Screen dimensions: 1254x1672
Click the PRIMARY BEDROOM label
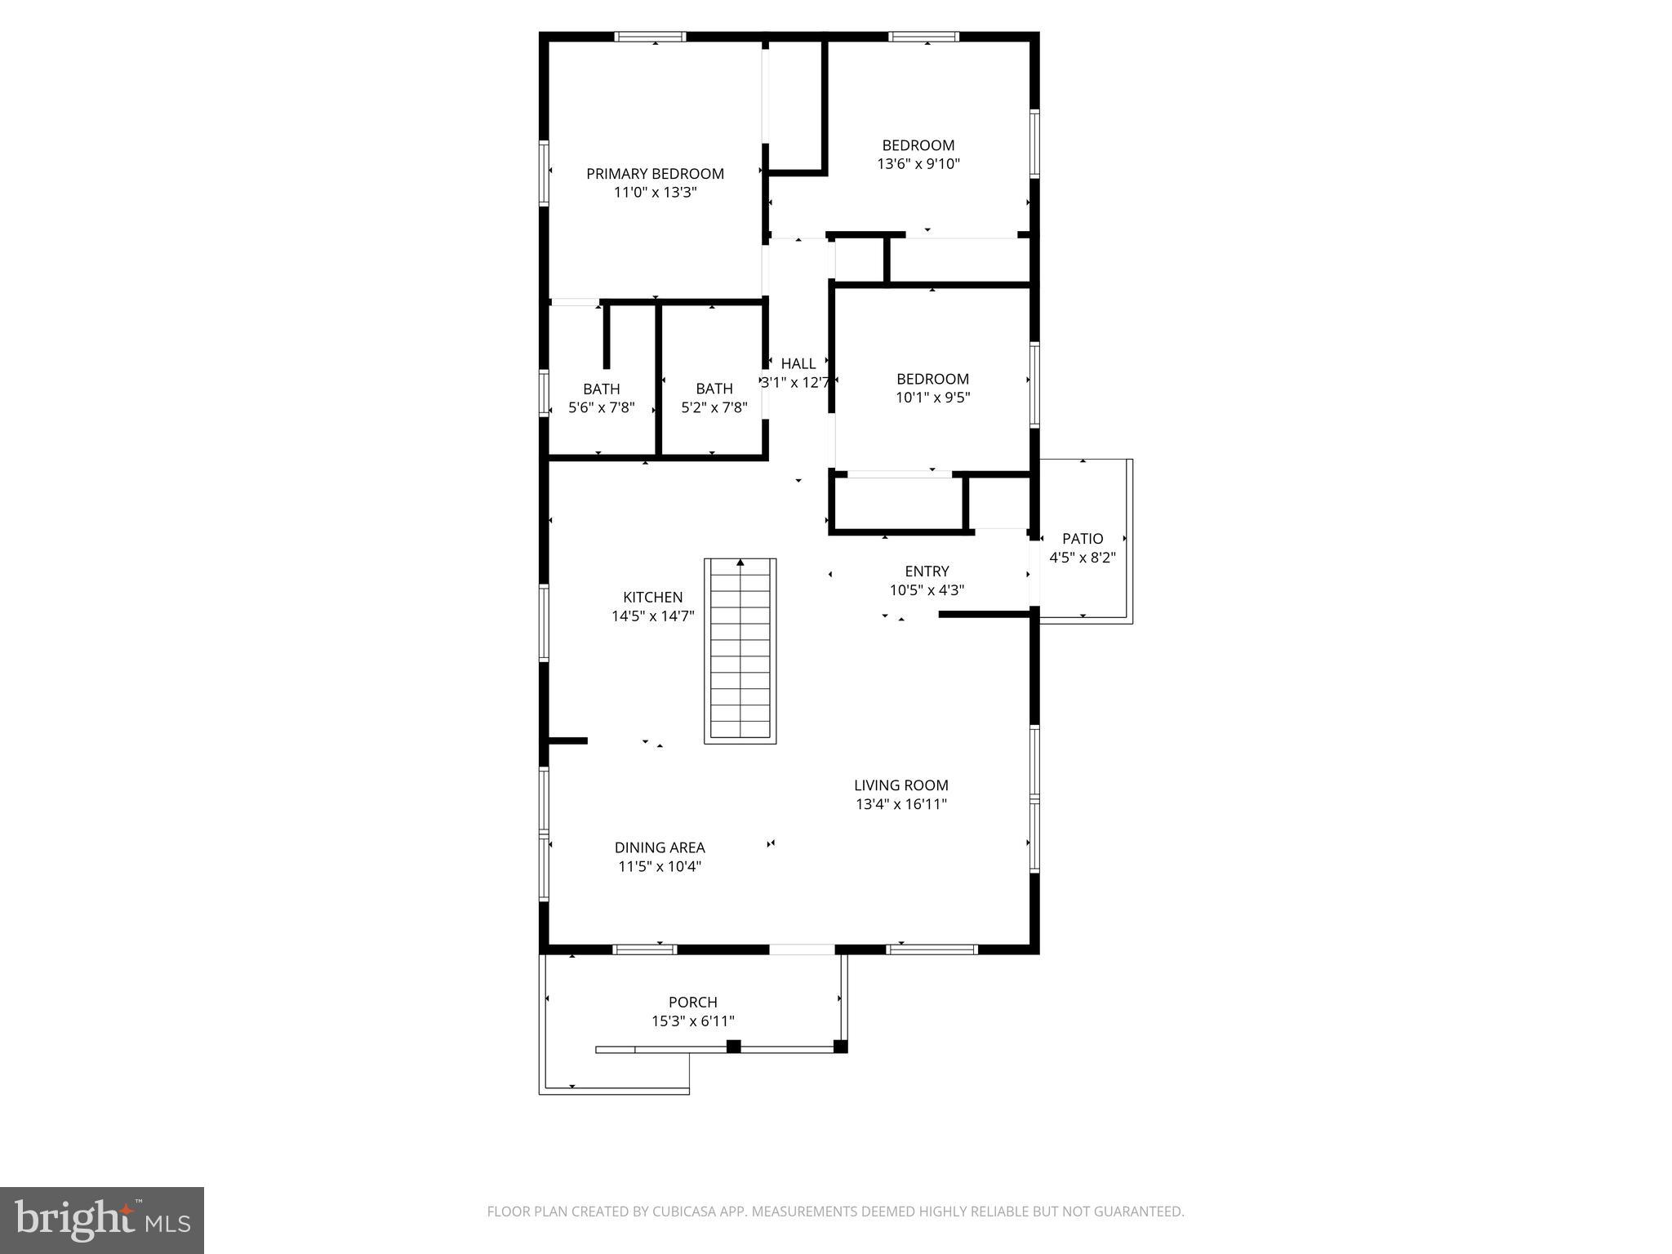click(655, 174)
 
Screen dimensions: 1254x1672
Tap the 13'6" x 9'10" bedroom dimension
click(918, 164)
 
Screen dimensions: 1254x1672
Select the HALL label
click(798, 364)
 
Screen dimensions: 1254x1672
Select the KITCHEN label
click(652, 598)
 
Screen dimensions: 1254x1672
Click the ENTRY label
click(927, 571)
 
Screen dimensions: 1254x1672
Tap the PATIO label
click(1083, 539)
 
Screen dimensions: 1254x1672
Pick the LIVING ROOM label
click(901, 785)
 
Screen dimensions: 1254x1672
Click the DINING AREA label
click(660, 848)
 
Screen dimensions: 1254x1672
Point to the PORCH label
click(693, 1003)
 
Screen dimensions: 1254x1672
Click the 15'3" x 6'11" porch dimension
click(693, 1021)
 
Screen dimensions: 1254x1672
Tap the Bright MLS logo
click(102, 1220)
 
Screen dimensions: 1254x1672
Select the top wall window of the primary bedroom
click(650, 37)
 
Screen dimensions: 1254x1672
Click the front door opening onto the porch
click(802, 949)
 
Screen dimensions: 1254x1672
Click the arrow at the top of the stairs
click(740, 563)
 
